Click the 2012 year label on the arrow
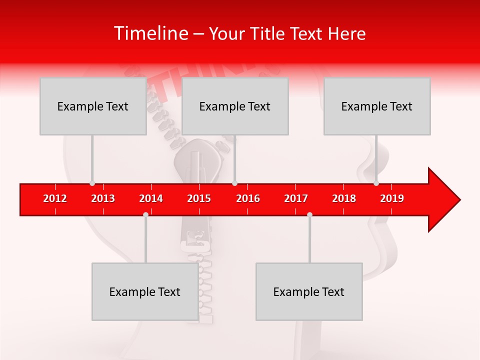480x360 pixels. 55,198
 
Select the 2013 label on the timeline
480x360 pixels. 103,198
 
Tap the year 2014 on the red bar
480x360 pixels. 151,198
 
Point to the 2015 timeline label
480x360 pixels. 199,198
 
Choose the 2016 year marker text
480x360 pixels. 248,198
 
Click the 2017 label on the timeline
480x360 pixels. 296,198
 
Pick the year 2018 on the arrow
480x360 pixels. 344,198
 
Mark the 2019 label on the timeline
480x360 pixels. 392,198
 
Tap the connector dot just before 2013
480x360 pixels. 92,183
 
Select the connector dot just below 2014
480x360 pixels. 145,214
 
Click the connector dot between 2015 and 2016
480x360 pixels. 234,183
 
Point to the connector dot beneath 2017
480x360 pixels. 309,214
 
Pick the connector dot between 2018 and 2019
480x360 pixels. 376,183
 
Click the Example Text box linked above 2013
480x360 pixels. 93,106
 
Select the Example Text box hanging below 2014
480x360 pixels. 145,291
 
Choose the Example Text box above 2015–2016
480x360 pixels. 235,106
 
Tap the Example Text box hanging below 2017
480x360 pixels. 309,291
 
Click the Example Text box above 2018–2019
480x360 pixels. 377,106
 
